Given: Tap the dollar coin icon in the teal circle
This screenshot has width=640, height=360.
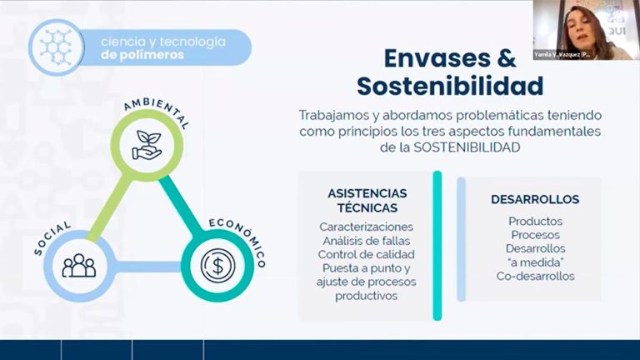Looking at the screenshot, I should [x=217, y=266].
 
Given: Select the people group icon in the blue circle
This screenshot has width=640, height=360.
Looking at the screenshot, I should [x=79, y=266].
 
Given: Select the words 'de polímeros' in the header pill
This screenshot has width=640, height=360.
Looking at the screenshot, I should [x=138, y=56].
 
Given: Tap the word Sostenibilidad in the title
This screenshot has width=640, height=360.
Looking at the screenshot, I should [x=450, y=86].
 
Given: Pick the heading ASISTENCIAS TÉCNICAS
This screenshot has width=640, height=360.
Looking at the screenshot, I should [x=367, y=201].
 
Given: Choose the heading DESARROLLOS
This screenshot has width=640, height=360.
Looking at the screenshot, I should [x=535, y=199].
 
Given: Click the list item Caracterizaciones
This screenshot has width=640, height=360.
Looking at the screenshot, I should [x=367, y=227].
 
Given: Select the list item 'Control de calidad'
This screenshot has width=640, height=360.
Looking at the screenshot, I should [x=367, y=254].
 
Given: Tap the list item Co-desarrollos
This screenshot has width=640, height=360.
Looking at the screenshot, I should [x=535, y=277].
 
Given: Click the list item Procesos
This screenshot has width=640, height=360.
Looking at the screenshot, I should [x=535, y=235].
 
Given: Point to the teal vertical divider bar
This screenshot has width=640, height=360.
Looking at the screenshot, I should [x=437, y=245].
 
